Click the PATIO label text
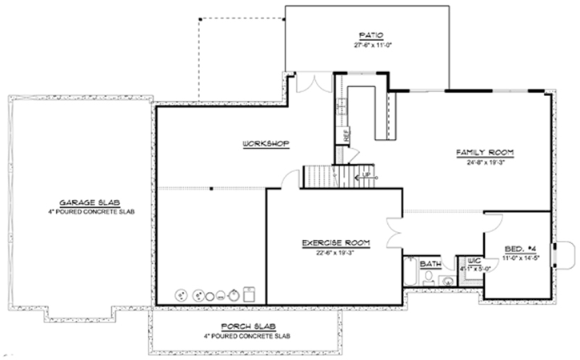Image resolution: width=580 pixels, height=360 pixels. [x=370, y=35]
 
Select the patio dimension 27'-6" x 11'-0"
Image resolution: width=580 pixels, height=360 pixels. [x=370, y=45]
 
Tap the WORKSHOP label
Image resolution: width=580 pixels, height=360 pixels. [x=265, y=144]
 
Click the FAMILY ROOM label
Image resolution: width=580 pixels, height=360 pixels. [x=484, y=152]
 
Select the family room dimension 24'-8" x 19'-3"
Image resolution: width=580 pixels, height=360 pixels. [x=484, y=162]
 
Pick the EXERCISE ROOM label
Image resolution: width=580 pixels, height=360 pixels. [x=334, y=242]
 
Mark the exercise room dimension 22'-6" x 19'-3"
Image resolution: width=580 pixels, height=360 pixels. [x=334, y=252]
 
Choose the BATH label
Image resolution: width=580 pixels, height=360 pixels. [x=430, y=263]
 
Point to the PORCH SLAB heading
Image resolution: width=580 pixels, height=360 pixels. [x=245, y=326]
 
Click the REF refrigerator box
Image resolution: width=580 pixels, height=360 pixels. [x=346, y=136]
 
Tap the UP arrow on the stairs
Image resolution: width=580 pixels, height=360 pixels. [x=366, y=175]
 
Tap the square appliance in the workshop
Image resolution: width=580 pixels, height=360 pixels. [x=249, y=293]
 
